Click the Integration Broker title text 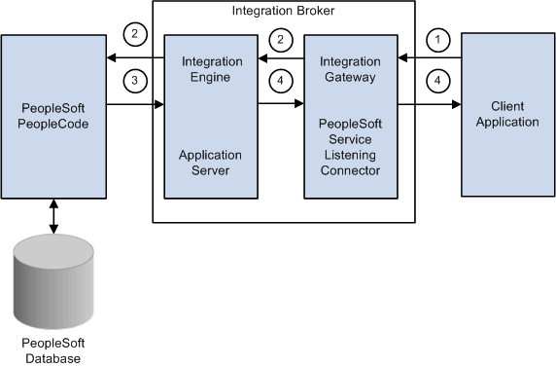pyautogui.click(x=283, y=12)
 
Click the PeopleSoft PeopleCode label pyautogui.click(x=53, y=115)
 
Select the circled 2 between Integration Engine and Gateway pyautogui.click(x=281, y=39)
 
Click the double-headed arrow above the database pyautogui.click(x=53, y=216)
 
